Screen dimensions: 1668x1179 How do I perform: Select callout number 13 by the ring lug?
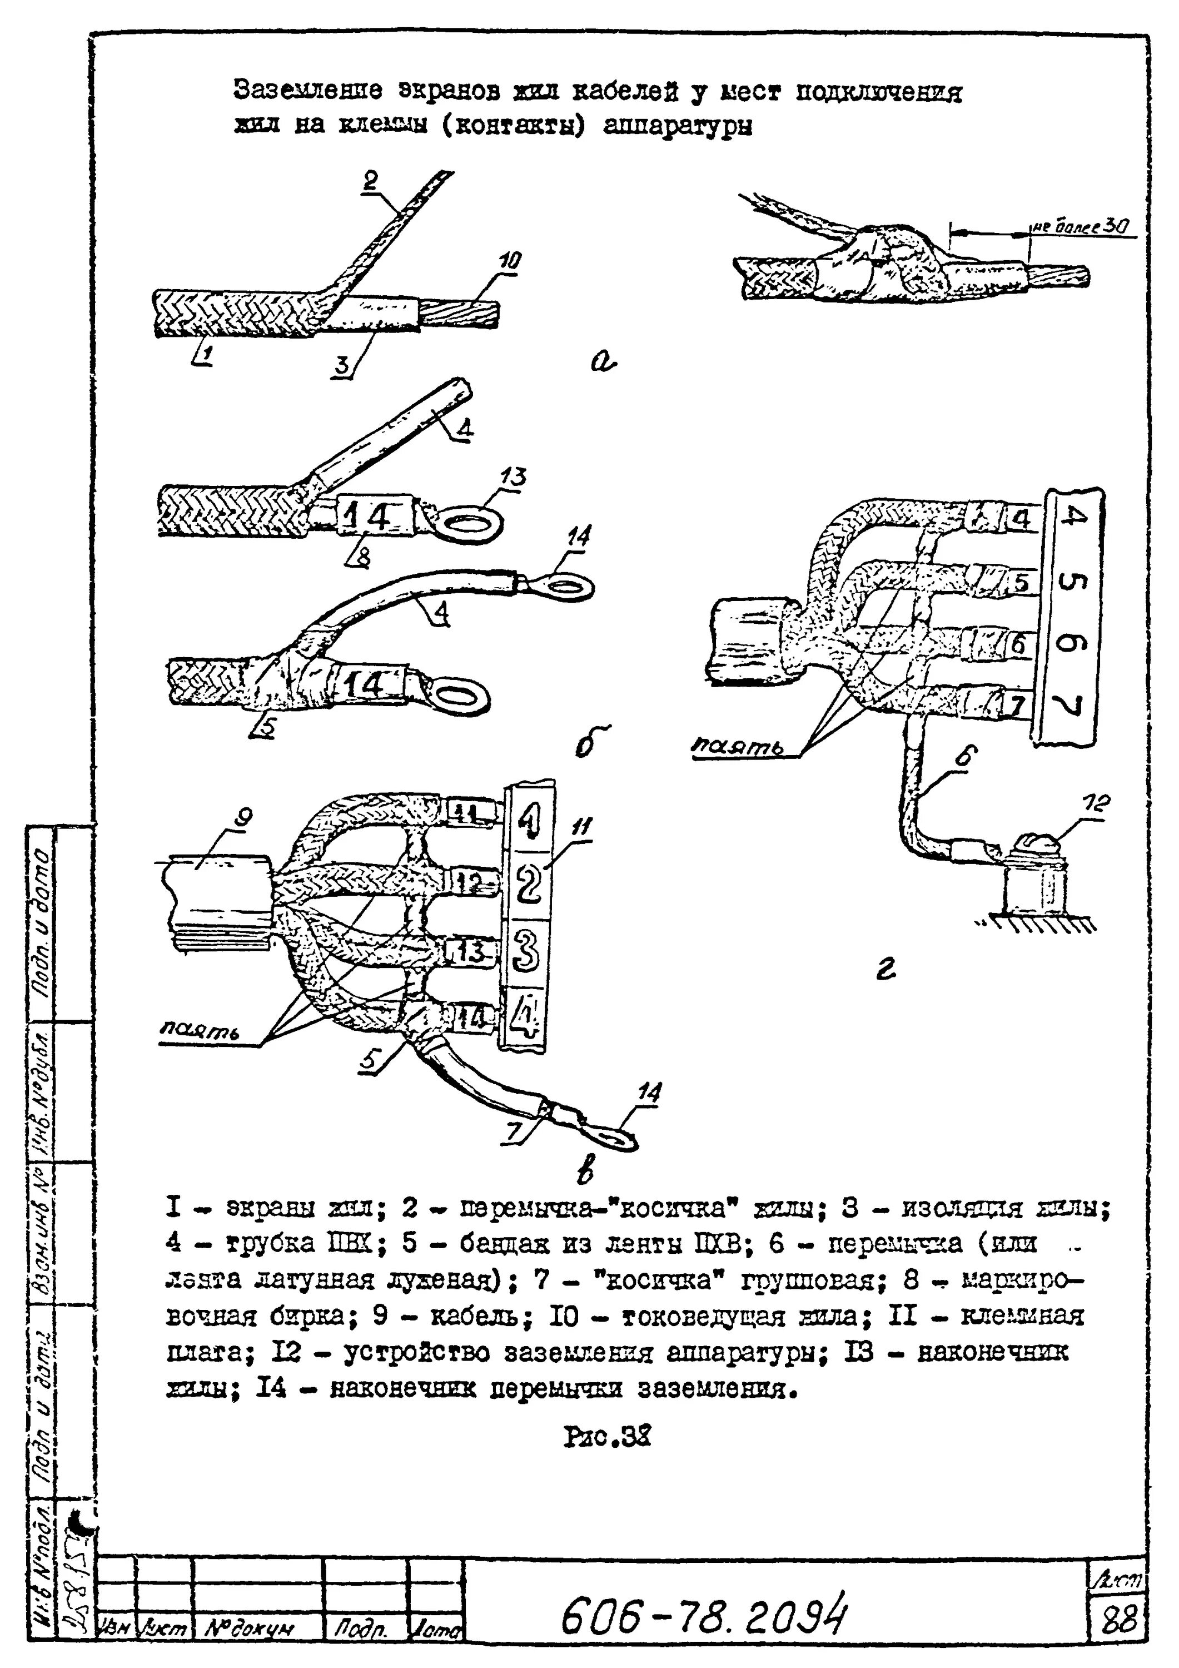[513, 477]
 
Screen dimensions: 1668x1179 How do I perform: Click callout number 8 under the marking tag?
[362, 557]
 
